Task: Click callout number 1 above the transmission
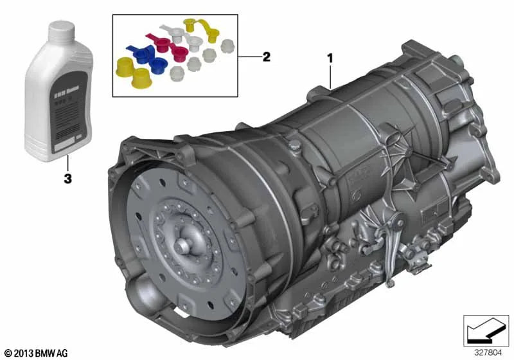point(330,57)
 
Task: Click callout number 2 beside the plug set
point(266,57)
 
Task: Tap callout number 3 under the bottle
point(67,178)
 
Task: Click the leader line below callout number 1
point(330,76)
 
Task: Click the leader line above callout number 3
point(67,165)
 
